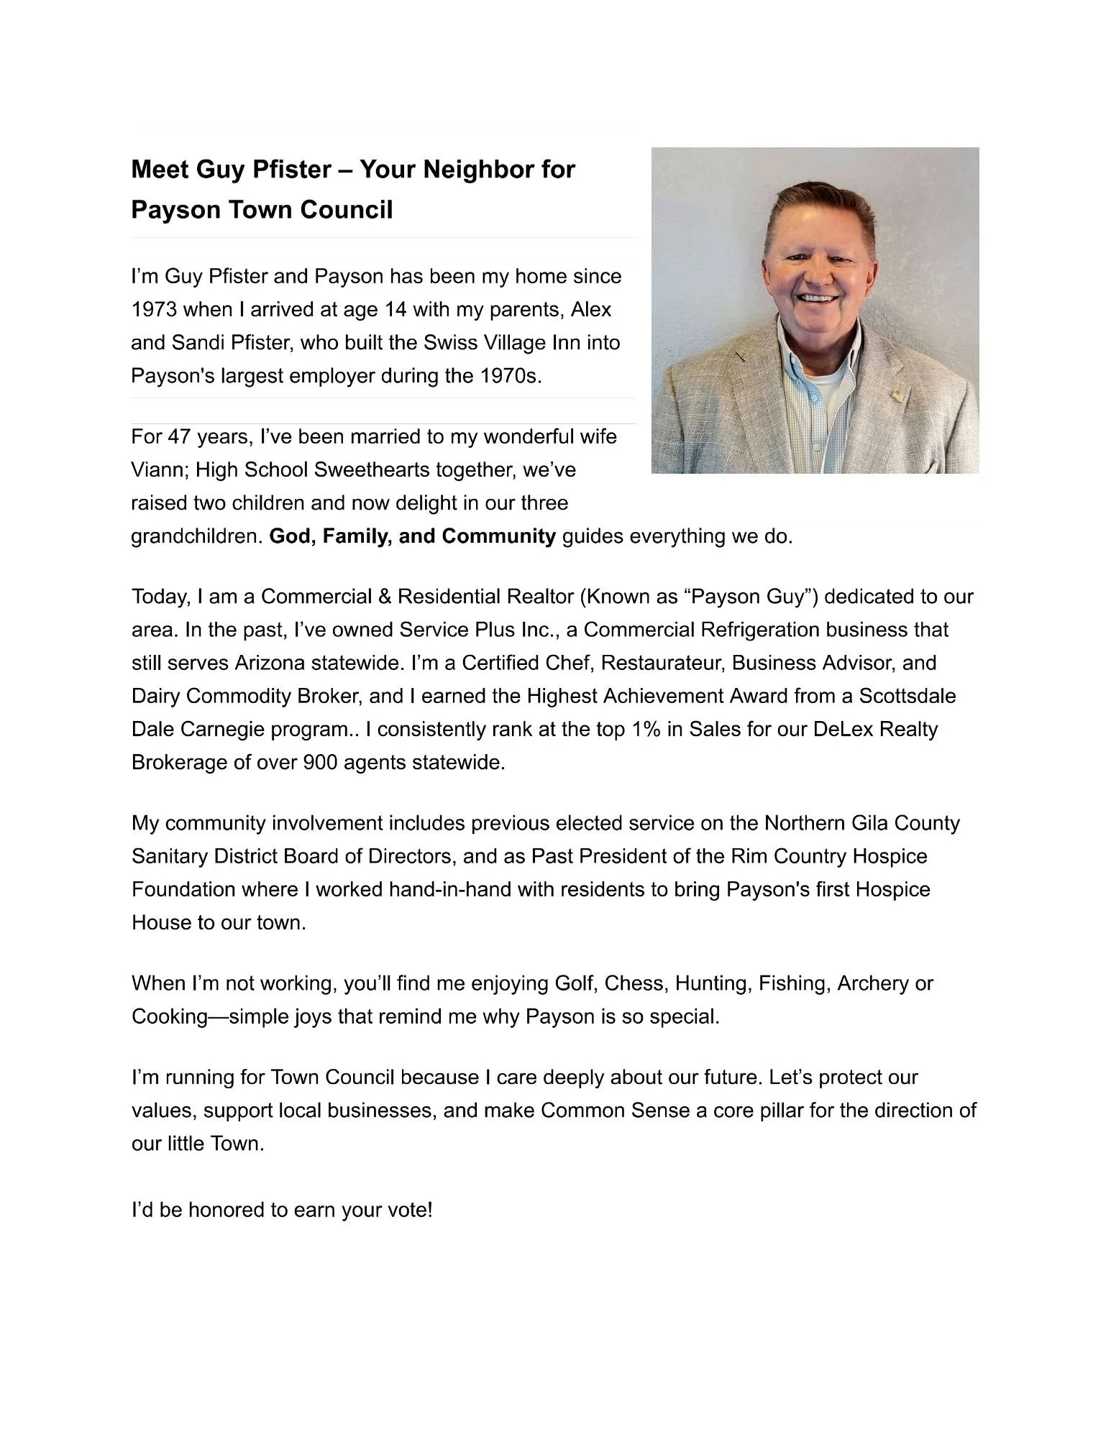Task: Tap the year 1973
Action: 154,310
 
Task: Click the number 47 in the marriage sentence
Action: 179,437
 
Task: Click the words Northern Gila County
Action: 861,824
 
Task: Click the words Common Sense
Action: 615,1111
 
